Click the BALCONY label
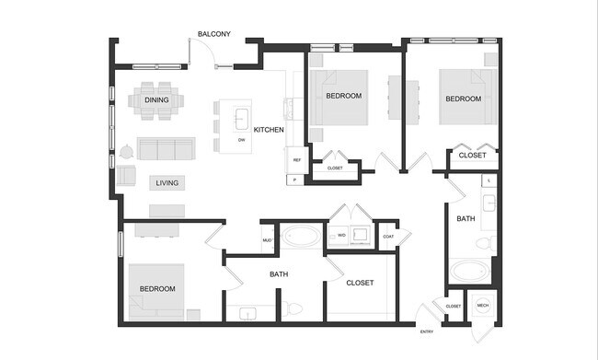click(214, 35)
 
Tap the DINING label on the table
click(156, 99)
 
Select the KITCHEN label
click(269, 130)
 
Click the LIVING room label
click(167, 182)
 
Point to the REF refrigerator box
click(297, 160)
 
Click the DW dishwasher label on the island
click(241, 140)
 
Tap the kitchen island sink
click(241, 118)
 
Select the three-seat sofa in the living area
click(167, 149)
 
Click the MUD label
click(267, 241)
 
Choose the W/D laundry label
click(340, 236)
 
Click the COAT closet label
click(387, 236)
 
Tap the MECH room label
click(483, 306)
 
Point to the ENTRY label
click(427, 331)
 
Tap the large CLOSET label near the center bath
click(360, 283)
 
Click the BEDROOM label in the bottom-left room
click(157, 289)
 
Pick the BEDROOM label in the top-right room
click(464, 99)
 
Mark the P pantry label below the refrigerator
click(294, 179)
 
